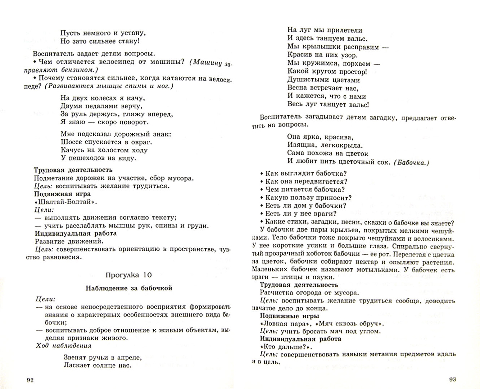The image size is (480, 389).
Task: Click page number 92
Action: coord(30,380)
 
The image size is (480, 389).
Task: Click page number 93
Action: coord(452,379)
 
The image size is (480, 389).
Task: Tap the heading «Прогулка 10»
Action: coord(128,275)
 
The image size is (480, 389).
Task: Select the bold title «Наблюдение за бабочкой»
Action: coord(129,288)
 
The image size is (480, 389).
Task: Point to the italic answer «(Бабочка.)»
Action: coord(412,162)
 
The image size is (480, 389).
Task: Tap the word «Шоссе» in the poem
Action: coord(70,142)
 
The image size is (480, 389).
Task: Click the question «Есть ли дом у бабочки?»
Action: coord(305,206)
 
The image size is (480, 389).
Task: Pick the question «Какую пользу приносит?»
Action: coord(308,197)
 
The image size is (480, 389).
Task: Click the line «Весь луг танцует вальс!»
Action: coord(328,105)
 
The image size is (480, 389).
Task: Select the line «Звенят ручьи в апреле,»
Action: coord(103,358)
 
